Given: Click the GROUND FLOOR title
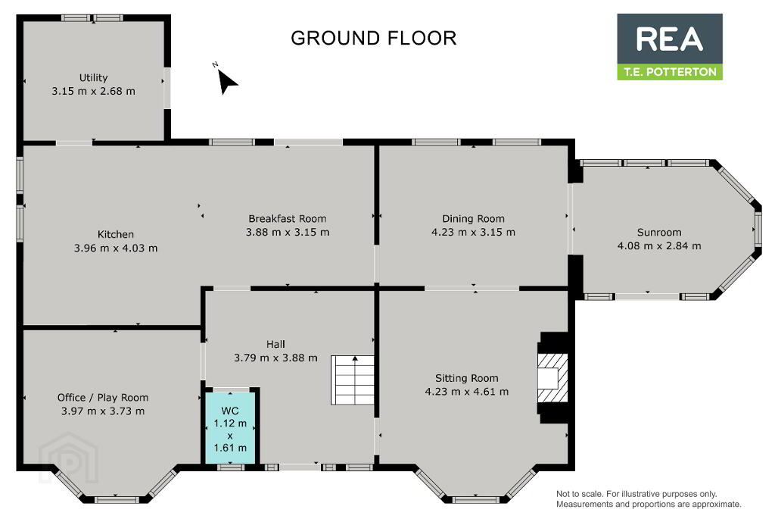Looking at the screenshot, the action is pos(373,38).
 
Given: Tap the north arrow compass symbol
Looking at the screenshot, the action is pos(226,81).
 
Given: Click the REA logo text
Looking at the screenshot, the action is pos(669,39).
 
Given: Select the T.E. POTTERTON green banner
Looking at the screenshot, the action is pos(670,72).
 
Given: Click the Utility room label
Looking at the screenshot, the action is pos(93,78).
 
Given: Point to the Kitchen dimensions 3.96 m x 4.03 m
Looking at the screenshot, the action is pos(116,248).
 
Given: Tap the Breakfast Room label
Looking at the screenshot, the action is pos(287,219).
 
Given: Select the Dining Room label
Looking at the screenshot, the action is pos(473,219).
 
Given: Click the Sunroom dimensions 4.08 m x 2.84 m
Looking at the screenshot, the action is pos(659,246).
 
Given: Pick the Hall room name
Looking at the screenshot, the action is pos(275,345).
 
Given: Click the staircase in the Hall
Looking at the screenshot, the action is pos(353,380).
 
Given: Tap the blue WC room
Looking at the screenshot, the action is pos(230,428).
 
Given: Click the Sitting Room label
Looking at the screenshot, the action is pos(466,379).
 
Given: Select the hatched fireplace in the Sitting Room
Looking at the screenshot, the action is pos(552,379).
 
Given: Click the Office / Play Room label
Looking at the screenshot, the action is pos(103,398).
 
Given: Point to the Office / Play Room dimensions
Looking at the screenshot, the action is pos(103,411).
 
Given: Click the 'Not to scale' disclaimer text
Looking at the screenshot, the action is pos(649,499).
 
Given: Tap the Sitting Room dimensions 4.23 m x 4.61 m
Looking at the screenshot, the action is pos(466,392).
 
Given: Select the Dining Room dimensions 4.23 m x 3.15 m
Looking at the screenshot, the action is pos(473,232).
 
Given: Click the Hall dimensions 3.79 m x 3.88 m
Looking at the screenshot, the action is pos(275,358).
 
